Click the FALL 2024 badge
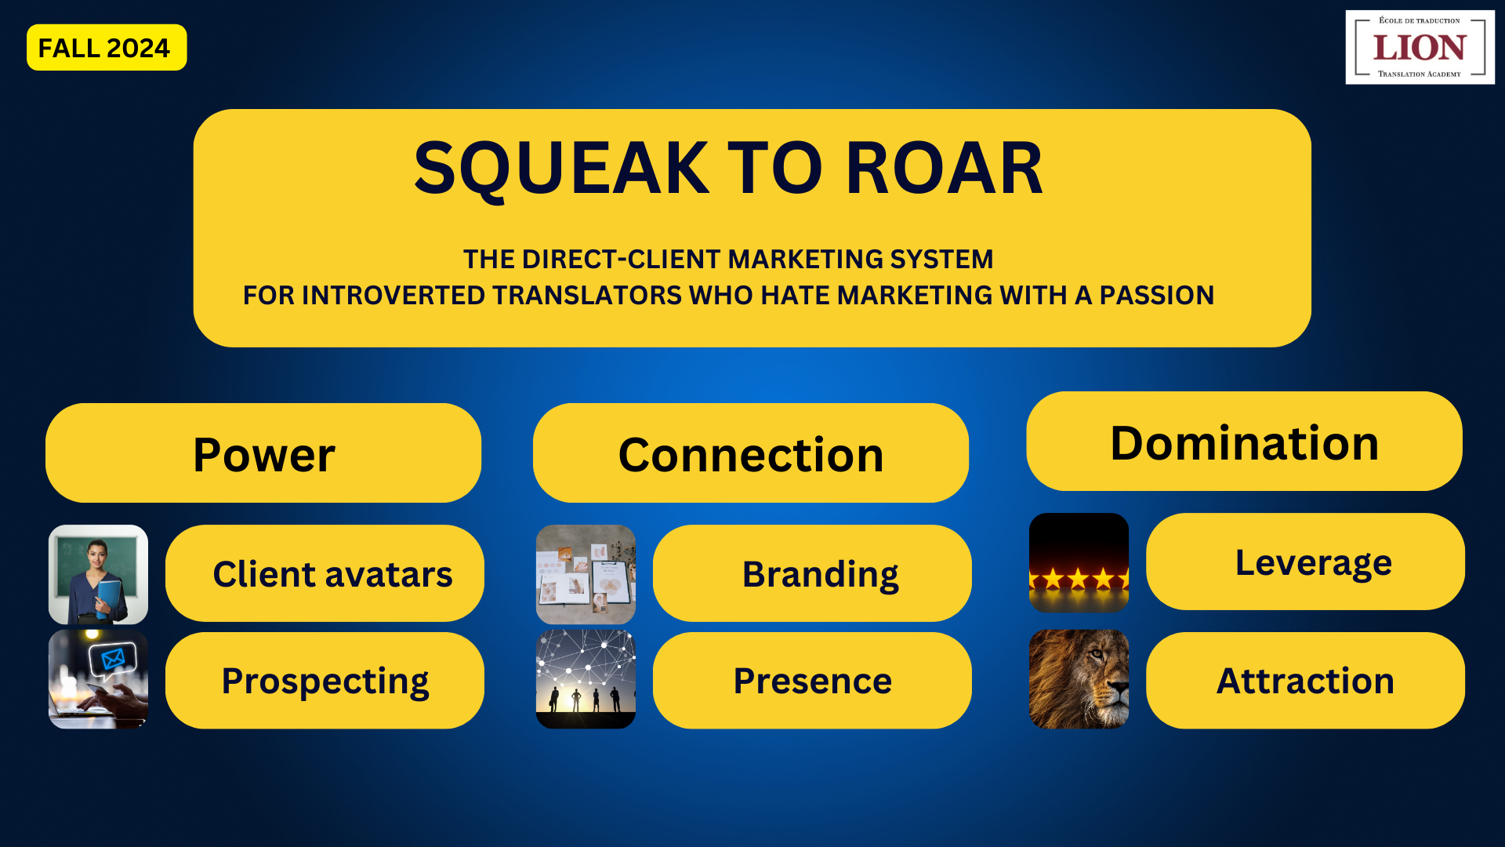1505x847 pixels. pos(107,47)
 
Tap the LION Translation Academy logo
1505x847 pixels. pos(1420,47)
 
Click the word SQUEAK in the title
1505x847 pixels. pos(561,168)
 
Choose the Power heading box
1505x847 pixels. pos(263,453)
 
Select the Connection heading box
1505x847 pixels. pos(751,453)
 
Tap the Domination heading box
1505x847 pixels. pos(1244,442)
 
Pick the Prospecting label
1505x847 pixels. pos(325,681)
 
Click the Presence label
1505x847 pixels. pos(812,681)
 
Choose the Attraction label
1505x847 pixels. pos(1305,681)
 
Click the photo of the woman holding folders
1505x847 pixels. pos(98,574)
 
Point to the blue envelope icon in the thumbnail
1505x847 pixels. pos(113,658)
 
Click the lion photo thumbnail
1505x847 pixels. pos(1079,679)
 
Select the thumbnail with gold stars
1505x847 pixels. pos(1079,562)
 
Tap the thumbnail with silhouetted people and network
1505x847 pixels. pos(586,679)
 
